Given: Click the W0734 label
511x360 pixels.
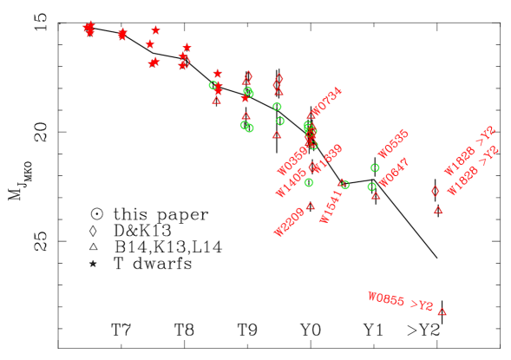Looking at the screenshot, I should click(x=327, y=101).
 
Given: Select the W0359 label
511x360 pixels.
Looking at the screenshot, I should click(x=292, y=160).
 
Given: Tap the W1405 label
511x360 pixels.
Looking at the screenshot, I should click(x=291, y=183).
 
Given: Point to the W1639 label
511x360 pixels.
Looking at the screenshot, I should click(x=328, y=158).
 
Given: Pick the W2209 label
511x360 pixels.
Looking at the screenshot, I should click(x=289, y=221).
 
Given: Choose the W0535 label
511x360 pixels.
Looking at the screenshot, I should click(x=393, y=143).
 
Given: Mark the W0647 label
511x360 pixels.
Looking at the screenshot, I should click(x=395, y=172).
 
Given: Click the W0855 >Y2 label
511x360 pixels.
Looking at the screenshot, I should click(x=400, y=301).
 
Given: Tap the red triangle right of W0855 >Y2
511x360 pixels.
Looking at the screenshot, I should click(x=442, y=311).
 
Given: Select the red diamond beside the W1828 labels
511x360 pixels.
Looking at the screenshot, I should click(x=436, y=191).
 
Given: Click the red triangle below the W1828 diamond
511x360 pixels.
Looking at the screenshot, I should click(x=438, y=210).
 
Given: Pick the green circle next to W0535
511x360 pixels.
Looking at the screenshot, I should click(x=375, y=167).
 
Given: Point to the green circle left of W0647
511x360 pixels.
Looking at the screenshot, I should click(x=371, y=187).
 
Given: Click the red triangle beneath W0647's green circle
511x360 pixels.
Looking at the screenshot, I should click(x=376, y=196).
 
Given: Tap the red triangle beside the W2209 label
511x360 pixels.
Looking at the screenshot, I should click(x=311, y=206).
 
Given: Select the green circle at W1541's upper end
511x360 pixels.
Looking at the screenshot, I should click(x=344, y=185).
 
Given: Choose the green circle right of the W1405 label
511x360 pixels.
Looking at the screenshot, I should click(x=309, y=182).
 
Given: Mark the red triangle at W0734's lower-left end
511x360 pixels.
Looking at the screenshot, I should click(x=310, y=115).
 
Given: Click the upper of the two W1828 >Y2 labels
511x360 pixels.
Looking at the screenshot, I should click(x=469, y=151).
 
